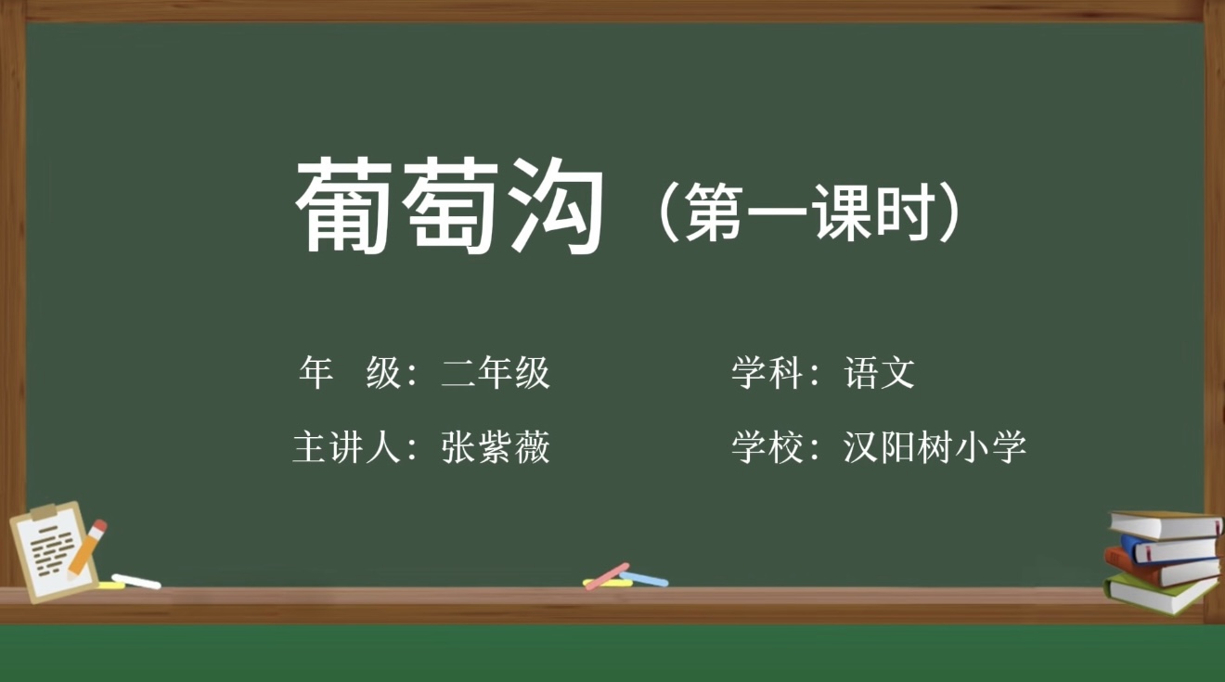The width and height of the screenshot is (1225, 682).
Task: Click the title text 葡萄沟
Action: [449, 205]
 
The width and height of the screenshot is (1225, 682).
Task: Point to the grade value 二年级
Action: [496, 373]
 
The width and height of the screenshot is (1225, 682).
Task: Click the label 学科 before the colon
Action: [767, 373]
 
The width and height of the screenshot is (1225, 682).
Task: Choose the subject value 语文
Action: [879, 373]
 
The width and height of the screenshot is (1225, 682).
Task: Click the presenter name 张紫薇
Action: [496, 447]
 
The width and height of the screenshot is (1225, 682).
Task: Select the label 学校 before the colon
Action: [767, 447]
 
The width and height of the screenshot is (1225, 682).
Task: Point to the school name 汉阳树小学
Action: [935, 447]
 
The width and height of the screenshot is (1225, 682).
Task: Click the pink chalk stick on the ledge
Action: [607, 576]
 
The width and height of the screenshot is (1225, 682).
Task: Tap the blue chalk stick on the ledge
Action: [644, 579]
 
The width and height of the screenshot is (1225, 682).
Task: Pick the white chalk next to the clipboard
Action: [136, 582]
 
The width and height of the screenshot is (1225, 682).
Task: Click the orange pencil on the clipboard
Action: [87, 548]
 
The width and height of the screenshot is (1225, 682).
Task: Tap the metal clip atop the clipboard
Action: [44, 512]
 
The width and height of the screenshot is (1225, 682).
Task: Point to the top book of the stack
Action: [1165, 524]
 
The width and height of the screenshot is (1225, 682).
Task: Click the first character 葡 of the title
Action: [343, 205]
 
